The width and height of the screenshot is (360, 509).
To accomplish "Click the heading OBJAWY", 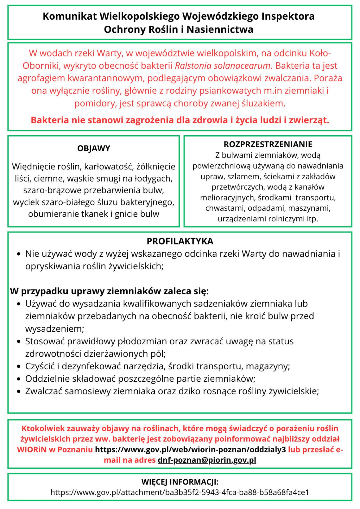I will pos(94,148).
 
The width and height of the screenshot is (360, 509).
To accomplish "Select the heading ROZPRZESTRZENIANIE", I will pos(268,144).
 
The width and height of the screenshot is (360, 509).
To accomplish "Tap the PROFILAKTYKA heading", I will pos(180,241).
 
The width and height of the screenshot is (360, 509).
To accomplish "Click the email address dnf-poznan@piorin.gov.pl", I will pos(207,460).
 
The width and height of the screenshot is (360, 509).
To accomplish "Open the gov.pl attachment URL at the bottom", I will pos(180,492).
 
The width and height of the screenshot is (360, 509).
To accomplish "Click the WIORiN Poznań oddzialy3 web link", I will pos(190,450).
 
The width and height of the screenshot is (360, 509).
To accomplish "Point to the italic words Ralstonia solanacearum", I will pos(222,66).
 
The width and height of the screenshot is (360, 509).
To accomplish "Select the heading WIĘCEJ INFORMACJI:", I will pos(180,482).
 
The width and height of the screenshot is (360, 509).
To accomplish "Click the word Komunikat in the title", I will pos(70,16).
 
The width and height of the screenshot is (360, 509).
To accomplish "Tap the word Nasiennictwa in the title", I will pos(220,29).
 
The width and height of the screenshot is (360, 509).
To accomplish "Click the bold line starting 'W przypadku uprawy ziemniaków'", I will pos(109,291).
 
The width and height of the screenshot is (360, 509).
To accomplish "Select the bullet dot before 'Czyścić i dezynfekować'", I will pos(19,367).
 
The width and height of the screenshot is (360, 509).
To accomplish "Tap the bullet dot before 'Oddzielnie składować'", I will pos(19,379).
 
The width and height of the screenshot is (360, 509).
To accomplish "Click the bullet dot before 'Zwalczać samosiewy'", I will pos(19,392).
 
